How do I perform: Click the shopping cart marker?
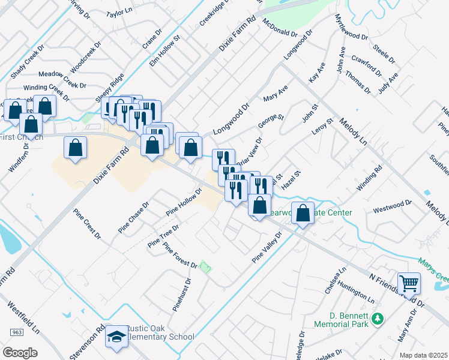tap(409, 282)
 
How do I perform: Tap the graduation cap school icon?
tap(115, 337)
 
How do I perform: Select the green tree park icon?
tap(377, 319)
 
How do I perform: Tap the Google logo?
tap(20, 352)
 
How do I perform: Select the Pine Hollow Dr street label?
tap(184, 202)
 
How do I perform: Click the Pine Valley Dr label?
tap(267, 248)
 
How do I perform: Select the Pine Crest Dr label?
tap(87, 223)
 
